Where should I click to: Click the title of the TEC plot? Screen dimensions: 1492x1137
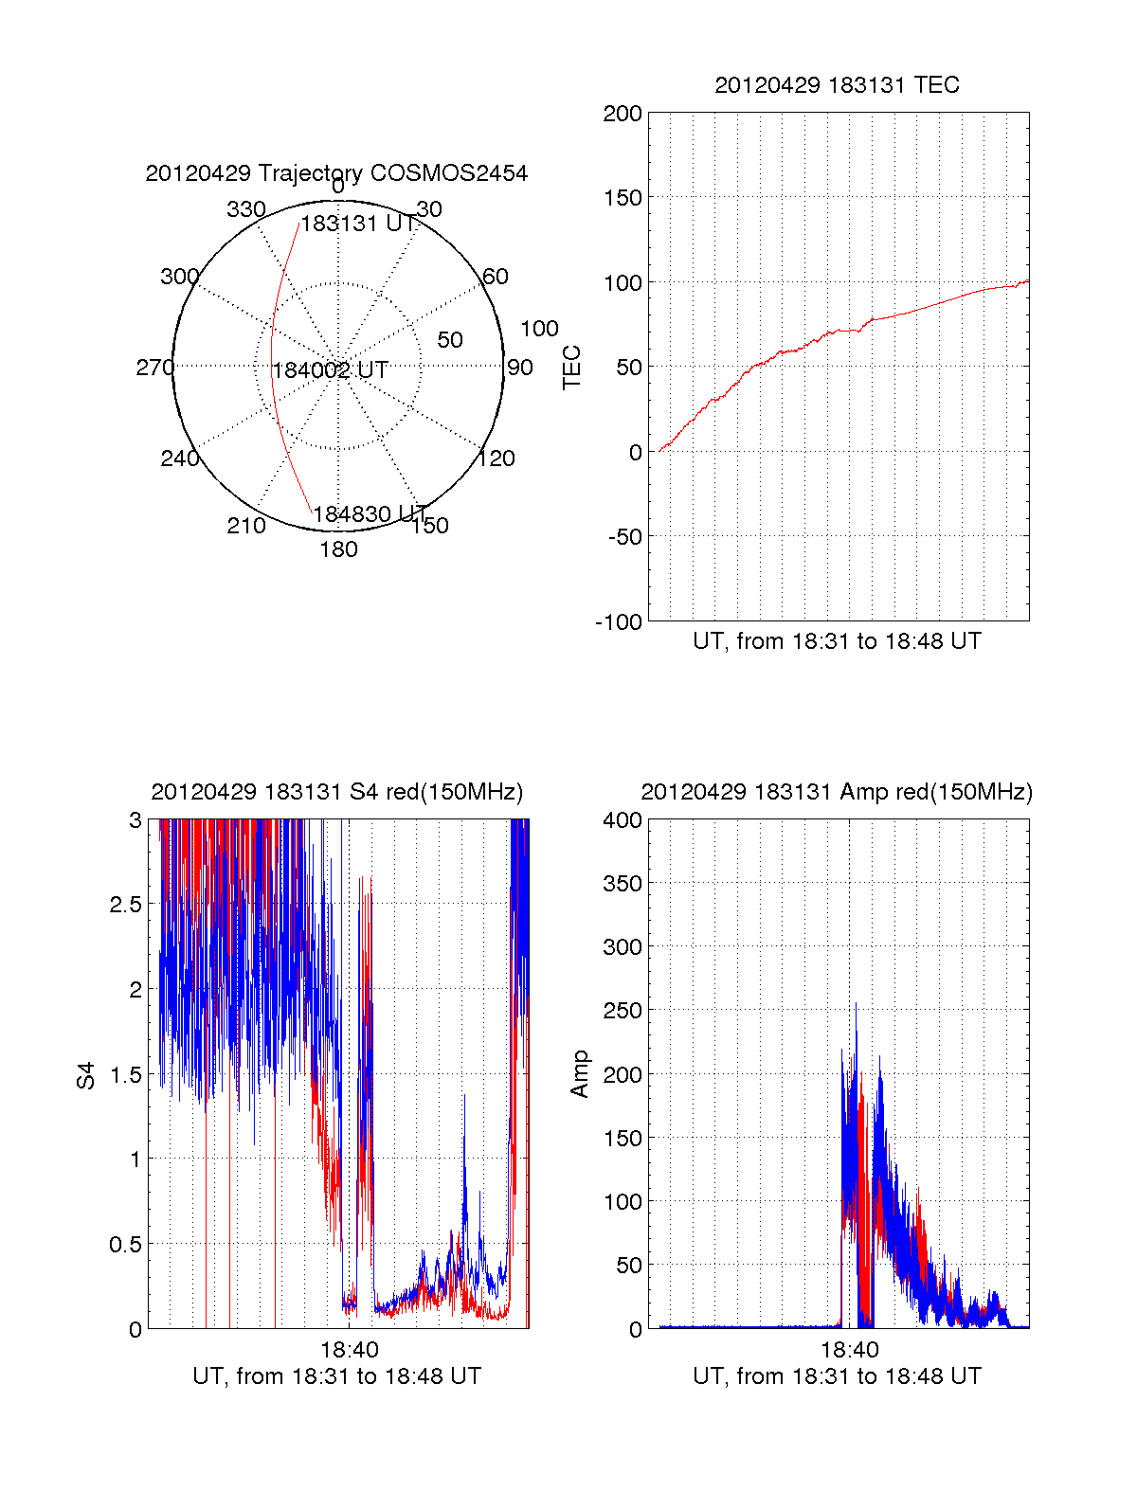[x=837, y=85]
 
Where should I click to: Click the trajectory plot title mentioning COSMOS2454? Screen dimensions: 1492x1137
[x=336, y=173]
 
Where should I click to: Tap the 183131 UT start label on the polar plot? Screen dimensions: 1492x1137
[x=358, y=224]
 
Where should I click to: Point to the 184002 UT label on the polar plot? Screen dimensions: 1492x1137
[x=330, y=370]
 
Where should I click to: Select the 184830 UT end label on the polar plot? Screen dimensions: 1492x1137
[x=370, y=514]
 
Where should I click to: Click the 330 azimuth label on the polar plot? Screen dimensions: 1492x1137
[x=246, y=209]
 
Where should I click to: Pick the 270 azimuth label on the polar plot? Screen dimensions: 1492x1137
[x=154, y=368]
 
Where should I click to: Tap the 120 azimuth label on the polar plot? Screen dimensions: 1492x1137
[x=496, y=458]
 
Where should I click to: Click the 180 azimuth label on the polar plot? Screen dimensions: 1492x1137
[x=338, y=549]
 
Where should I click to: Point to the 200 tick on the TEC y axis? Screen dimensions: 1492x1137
[x=623, y=115]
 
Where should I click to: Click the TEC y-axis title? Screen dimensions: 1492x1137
[x=572, y=368]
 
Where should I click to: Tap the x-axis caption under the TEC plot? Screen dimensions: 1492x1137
[x=837, y=641]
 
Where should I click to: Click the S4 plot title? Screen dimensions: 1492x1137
[x=336, y=792]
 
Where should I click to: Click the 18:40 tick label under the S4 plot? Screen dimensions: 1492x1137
[x=349, y=1350]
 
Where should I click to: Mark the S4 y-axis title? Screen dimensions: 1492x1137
[x=86, y=1075]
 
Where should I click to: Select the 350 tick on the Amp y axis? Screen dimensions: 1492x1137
[x=623, y=884]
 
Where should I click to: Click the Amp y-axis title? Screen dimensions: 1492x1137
[x=579, y=1074]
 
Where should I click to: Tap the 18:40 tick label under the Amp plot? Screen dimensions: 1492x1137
[x=849, y=1350]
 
